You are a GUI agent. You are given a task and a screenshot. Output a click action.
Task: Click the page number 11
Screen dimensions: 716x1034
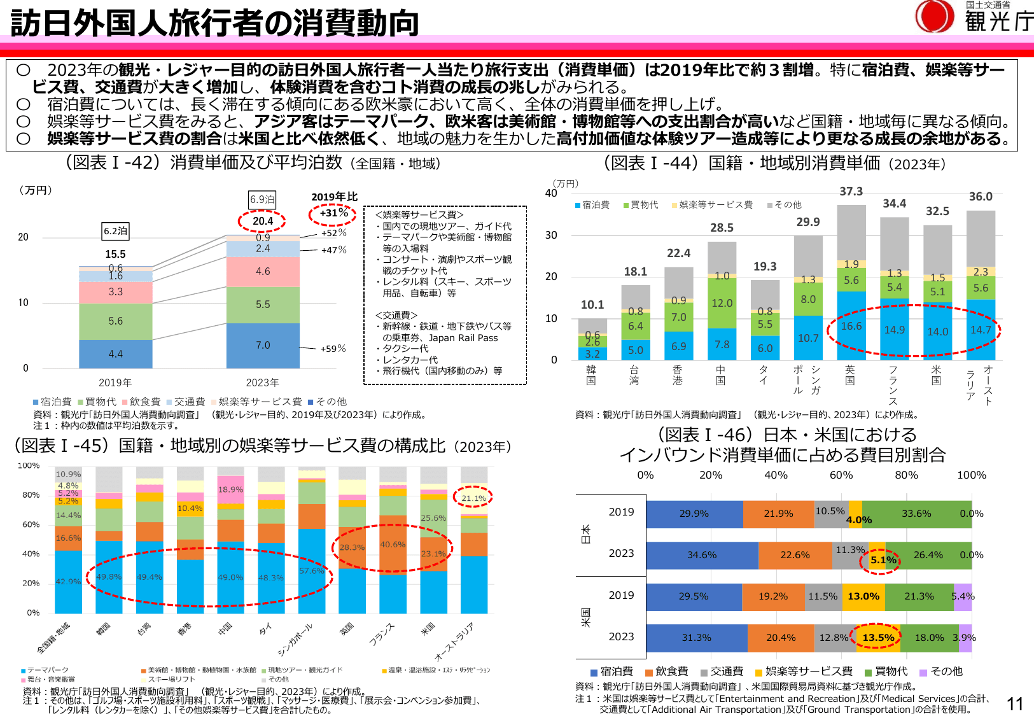coord(1015,703)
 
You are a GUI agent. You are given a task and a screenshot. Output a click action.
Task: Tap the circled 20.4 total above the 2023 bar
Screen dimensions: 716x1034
coord(262,221)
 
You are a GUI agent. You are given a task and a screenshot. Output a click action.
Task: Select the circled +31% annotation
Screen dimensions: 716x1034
coord(333,213)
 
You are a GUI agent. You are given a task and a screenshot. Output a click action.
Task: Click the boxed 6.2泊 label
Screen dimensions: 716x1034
coord(116,231)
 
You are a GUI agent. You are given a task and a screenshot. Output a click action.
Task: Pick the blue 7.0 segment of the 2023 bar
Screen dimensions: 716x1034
coord(263,345)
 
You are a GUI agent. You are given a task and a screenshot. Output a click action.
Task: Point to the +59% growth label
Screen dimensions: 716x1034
coord(333,349)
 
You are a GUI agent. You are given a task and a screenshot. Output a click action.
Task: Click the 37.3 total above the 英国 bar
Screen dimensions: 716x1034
coord(851,192)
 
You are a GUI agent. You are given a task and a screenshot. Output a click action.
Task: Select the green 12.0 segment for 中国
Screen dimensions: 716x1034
coord(722,303)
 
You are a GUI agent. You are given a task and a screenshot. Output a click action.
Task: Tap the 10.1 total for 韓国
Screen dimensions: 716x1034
coord(592,305)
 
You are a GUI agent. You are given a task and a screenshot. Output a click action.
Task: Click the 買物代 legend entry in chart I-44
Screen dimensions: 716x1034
coord(641,205)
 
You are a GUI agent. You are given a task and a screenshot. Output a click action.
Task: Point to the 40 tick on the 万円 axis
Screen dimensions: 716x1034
coord(551,193)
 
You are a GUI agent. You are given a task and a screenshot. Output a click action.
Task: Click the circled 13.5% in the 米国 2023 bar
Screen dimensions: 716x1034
coord(877,637)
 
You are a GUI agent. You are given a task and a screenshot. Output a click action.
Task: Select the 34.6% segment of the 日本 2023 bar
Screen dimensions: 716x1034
coord(702,555)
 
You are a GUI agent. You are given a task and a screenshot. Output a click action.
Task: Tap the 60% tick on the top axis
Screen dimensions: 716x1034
coord(841,475)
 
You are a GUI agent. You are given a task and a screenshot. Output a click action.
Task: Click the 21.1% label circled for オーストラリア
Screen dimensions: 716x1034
coord(473,498)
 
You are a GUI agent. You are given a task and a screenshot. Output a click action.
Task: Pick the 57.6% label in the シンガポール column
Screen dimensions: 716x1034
coord(311,571)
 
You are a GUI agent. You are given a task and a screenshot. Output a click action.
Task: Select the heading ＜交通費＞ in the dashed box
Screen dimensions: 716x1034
coord(396,315)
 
